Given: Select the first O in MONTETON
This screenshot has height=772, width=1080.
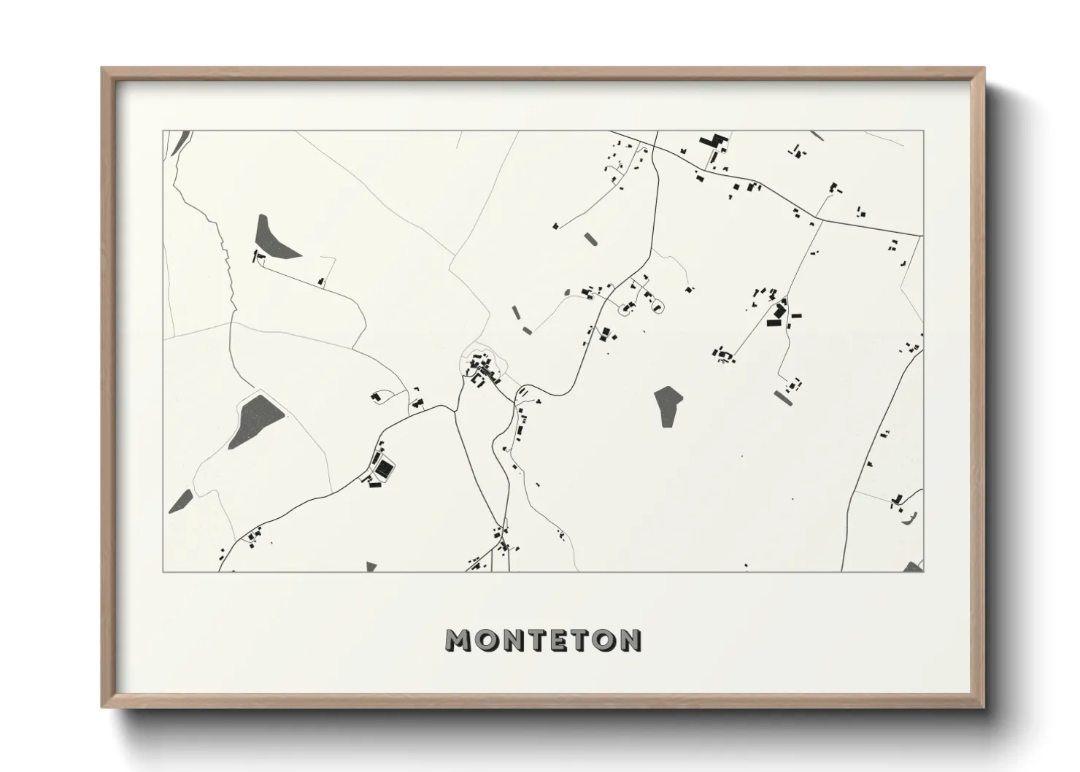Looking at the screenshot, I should pyautogui.click(x=487, y=640).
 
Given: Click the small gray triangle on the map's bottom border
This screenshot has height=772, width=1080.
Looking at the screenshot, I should pyautogui.click(x=371, y=567).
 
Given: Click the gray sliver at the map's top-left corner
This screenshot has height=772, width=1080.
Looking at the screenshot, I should pyautogui.click(x=182, y=140).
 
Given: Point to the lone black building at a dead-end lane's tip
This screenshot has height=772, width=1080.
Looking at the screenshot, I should pyautogui.click(x=555, y=226).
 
